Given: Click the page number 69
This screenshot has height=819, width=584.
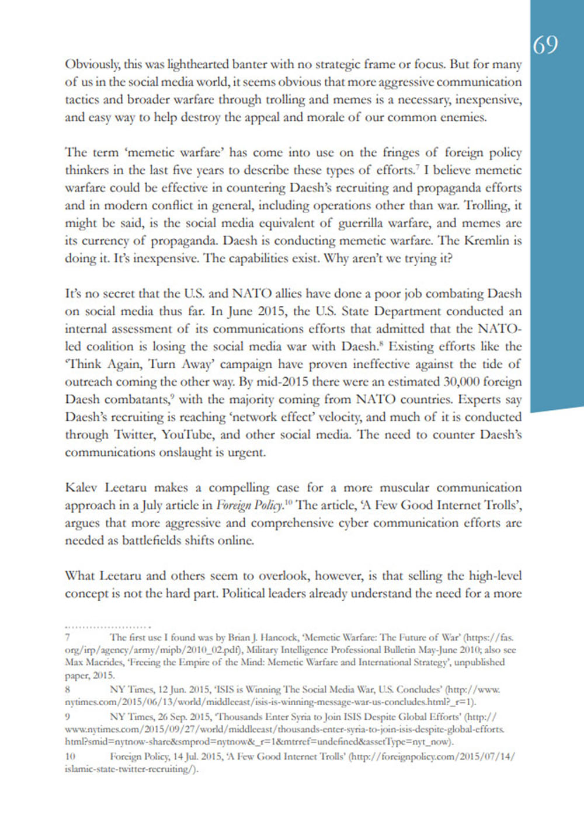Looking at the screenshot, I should coord(545,45).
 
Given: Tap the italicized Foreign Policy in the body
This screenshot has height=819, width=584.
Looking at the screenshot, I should coord(250,506).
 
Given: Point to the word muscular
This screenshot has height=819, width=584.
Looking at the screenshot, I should coord(404,487).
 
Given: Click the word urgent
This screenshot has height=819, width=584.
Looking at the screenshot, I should coord(246,452).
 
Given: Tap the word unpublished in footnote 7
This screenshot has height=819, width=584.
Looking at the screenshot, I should coord(479,663).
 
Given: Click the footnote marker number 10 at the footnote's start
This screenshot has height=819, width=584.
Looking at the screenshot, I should coord(69,757).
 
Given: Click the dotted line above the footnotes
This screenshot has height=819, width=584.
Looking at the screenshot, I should coord(108,627).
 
